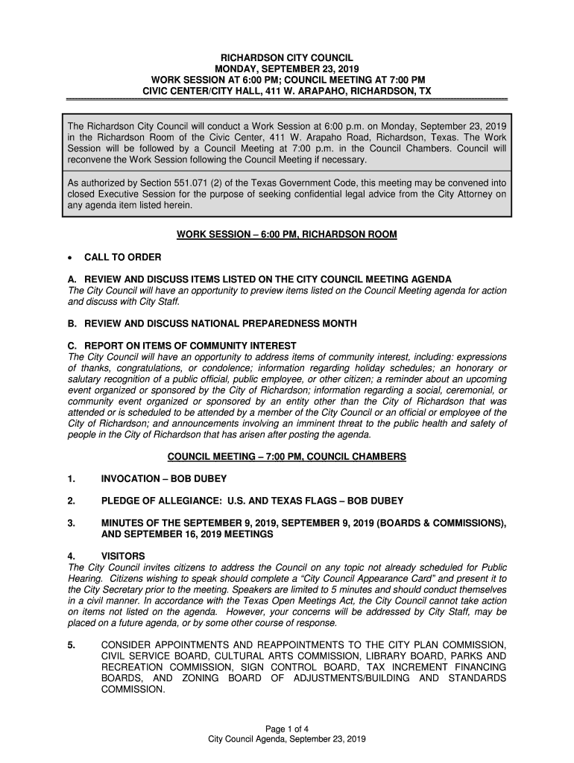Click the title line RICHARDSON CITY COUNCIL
(x=287, y=57)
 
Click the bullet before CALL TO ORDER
(x=69, y=258)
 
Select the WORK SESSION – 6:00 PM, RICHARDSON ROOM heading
(x=287, y=235)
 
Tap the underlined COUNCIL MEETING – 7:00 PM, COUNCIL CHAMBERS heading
(x=287, y=456)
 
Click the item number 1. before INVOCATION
(x=72, y=478)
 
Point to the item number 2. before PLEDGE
(x=72, y=501)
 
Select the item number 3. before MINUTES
(x=72, y=523)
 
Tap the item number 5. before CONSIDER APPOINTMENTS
(x=72, y=645)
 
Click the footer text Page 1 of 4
(x=287, y=728)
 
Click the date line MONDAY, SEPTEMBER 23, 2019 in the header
(x=287, y=69)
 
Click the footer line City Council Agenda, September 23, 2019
(x=287, y=739)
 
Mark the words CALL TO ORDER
(x=123, y=257)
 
